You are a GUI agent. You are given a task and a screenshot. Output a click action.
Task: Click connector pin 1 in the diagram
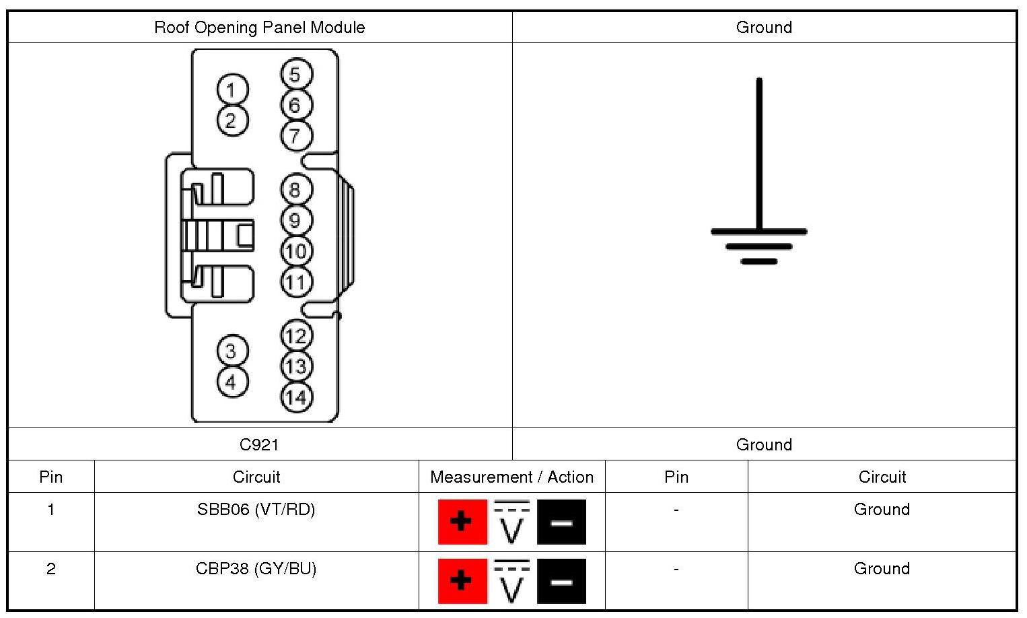(x=233, y=90)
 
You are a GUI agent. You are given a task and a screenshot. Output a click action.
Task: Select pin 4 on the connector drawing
(x=233, y=382)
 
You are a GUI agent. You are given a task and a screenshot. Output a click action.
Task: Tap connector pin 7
(x=296, y=135)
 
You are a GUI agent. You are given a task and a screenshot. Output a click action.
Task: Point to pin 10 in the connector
(x=296, y=251)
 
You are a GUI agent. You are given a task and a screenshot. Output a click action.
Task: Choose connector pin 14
(x=296, y=397)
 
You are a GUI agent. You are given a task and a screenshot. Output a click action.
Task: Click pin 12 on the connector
(x=296, y=335)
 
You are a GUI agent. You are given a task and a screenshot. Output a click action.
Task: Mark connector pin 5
(x=296, y=74)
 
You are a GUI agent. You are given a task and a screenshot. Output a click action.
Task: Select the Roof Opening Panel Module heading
(x=260, y=28)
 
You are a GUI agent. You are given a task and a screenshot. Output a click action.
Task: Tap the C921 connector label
(x=259, y=444)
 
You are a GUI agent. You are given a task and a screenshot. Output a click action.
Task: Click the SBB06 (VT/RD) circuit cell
(x=256, y=510)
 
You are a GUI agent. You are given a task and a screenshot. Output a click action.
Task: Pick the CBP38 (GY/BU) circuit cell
(x=256, y=569)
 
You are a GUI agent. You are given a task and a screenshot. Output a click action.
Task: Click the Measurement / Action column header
(x=512, y=477)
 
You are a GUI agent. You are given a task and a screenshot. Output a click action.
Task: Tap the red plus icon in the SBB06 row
(x=462, y=522)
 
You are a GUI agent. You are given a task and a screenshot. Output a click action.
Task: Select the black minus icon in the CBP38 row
(x=561, y=581)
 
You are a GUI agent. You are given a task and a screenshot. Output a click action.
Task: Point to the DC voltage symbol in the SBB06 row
(x=512, y=522)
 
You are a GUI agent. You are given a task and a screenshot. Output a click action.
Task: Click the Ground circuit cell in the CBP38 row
(x=882, y=569)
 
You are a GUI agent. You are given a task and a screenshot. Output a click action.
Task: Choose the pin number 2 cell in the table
(x=51, y=569)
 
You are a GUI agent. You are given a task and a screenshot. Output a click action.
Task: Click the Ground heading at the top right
(x=764, y=28)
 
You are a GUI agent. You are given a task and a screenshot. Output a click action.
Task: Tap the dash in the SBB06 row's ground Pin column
(x=676, y=510)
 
